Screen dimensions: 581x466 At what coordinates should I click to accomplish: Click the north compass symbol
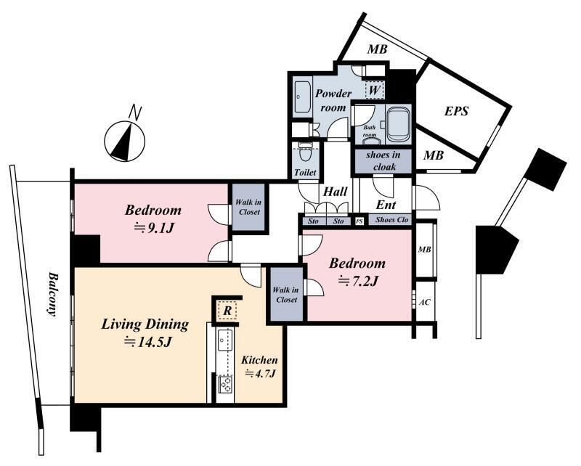coord(124,141)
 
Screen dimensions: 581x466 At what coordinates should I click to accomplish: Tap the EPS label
coord(457,111)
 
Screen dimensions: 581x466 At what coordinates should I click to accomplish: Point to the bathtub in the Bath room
coord(399,124)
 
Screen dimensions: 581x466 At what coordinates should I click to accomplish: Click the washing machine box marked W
coord(374,90)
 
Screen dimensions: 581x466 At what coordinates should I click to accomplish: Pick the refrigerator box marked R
coord(227,311)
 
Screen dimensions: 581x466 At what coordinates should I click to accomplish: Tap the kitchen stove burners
coord(225,385)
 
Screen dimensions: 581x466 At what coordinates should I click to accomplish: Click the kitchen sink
coord(224,340)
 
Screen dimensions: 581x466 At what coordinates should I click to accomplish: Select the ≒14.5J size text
coord(147,342)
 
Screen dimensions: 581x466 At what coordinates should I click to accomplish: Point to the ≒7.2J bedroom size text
coord(357,281)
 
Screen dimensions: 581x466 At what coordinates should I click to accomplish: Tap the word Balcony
coord(53,295)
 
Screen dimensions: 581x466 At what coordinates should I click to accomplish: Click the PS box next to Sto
coord(359,221)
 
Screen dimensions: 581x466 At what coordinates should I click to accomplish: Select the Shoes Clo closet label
coord(391,220)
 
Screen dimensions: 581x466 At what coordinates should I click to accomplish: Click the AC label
coord(425,302)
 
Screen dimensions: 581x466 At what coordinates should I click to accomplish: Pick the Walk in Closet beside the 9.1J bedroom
coord(248,208)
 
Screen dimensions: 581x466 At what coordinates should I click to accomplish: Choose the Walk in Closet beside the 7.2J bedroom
coord(286,294)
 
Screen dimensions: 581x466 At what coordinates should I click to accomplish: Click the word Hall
coord(335,192)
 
